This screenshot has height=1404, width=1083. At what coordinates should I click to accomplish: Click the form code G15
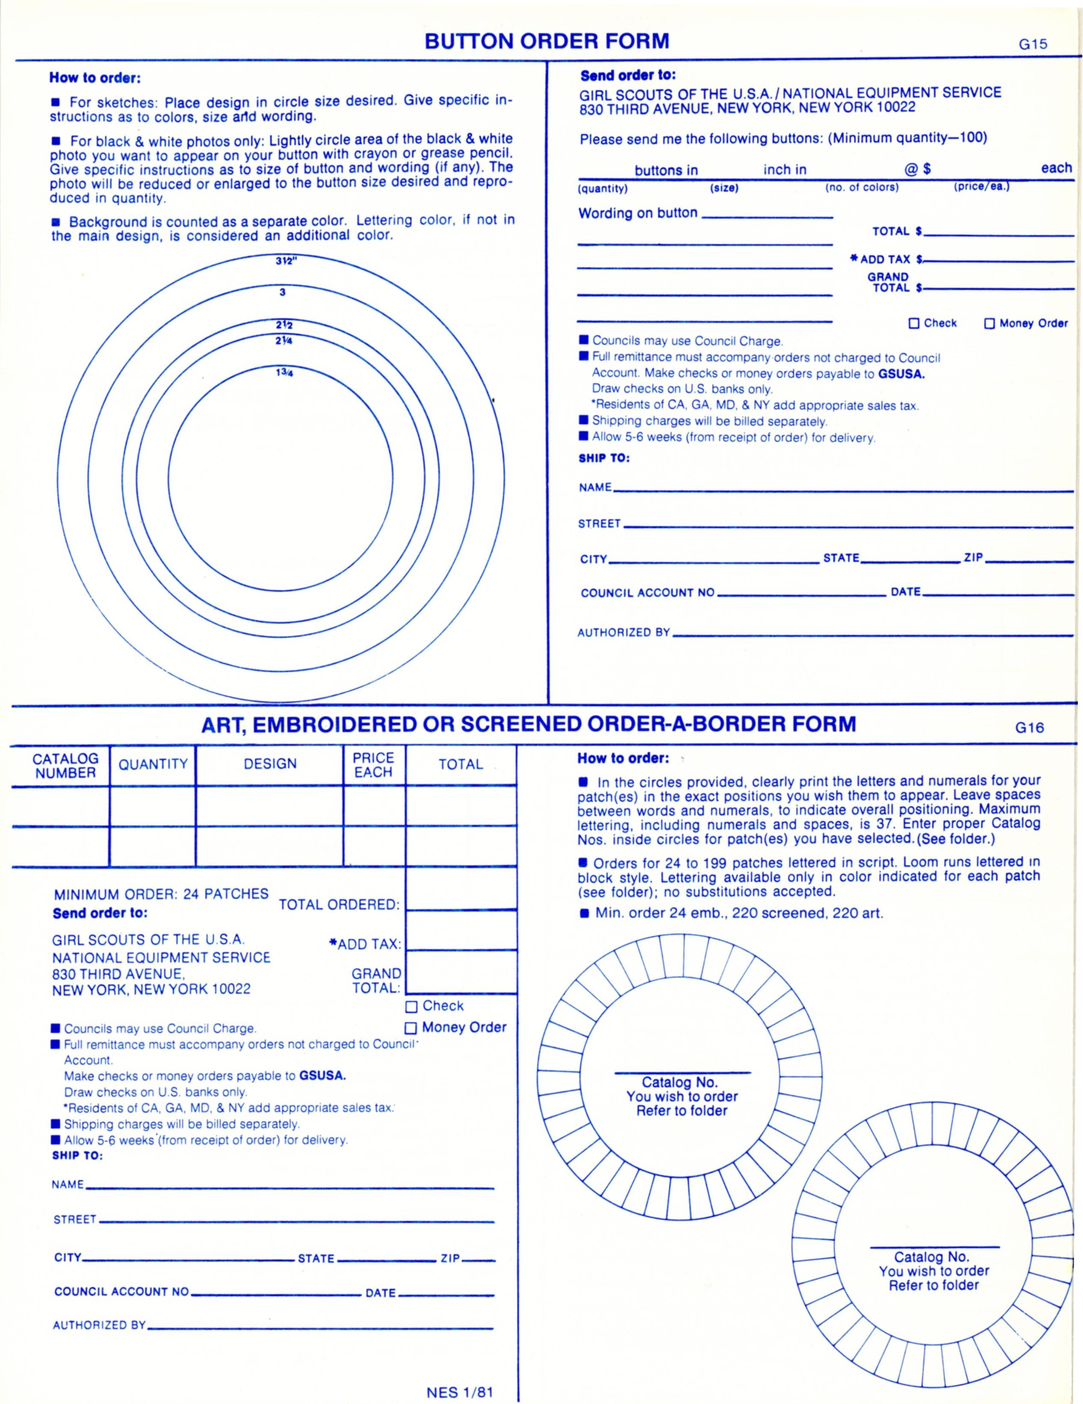coord(1033,45)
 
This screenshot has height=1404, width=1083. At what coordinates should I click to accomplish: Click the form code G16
coord(1030,728)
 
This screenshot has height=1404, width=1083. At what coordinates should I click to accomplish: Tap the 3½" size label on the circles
coord(284,261)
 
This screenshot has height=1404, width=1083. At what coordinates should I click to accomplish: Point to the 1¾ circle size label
coord(284,372)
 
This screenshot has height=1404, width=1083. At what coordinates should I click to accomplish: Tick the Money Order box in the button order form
coord(990,324)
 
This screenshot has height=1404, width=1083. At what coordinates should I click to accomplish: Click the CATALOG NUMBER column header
coord(65,766)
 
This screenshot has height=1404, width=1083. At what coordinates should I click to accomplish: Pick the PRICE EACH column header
coord(373,765)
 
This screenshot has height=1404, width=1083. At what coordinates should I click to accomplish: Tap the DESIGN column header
coord(270,764)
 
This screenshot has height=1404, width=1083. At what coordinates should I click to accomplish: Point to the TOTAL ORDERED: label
coord(339,905)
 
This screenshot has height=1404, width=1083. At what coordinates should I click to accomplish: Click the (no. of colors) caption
coord(862,188)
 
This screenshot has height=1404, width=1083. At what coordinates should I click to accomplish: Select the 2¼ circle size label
coord(284,341)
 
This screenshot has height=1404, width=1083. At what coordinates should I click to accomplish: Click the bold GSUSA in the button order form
coord(901,374)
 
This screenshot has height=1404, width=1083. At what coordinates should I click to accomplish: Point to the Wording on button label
coord(638,214)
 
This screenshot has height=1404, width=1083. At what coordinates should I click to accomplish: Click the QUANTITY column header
coord(153,764)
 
